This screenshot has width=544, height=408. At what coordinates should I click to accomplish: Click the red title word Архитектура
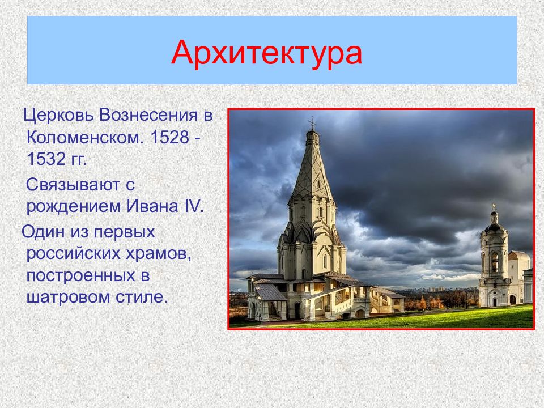coord(267,53)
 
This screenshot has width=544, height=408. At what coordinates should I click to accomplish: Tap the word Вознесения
coord(148,115)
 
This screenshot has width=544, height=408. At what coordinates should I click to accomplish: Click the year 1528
coord(169,137)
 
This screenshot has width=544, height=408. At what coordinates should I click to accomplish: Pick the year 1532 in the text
coord(46,159)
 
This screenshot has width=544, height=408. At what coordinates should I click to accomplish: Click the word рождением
coord(74,207)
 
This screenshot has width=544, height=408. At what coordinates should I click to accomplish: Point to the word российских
coord(73,254)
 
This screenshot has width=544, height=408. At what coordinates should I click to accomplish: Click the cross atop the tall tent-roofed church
coord(312,123)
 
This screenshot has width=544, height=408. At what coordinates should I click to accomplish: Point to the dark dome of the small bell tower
coord(494,228)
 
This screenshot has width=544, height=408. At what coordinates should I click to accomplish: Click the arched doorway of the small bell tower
coord(495,301)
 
